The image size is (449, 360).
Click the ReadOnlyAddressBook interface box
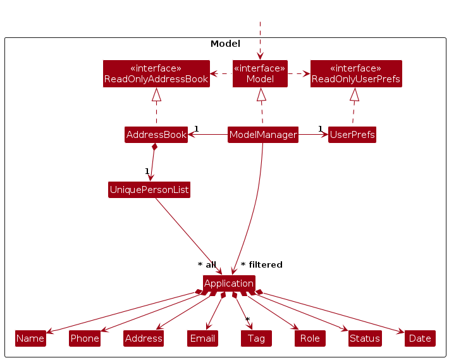(x=156, y=73)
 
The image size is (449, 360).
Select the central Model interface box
(x=260, y=73)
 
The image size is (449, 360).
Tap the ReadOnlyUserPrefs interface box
(x=356, y=73)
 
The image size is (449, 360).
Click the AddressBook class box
(x=156, y=135)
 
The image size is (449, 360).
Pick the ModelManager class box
(x=263, y=135)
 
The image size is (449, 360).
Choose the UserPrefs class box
(x=352, y=135)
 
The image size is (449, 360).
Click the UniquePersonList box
(x=149, y=190)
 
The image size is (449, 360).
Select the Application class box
(x=229, y=283)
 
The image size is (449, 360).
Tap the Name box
(x=30, y=338)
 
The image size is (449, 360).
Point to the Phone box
(x=85, y=338)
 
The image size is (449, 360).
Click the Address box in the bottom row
(x=144, y=338)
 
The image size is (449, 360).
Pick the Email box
(x=202, y=338)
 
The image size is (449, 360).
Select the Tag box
(x=256, y=338)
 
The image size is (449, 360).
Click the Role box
(x=310, y=338)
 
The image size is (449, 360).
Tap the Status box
(x=365, y=338)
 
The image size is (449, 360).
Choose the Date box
(x=420, y=338)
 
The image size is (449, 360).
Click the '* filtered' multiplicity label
(x=262, y=264)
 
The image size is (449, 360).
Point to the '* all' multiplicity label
(x=207, y=264)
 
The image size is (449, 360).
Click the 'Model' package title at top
(x=225, y=44)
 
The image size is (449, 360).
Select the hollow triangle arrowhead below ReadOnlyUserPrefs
(x=355, y=95)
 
